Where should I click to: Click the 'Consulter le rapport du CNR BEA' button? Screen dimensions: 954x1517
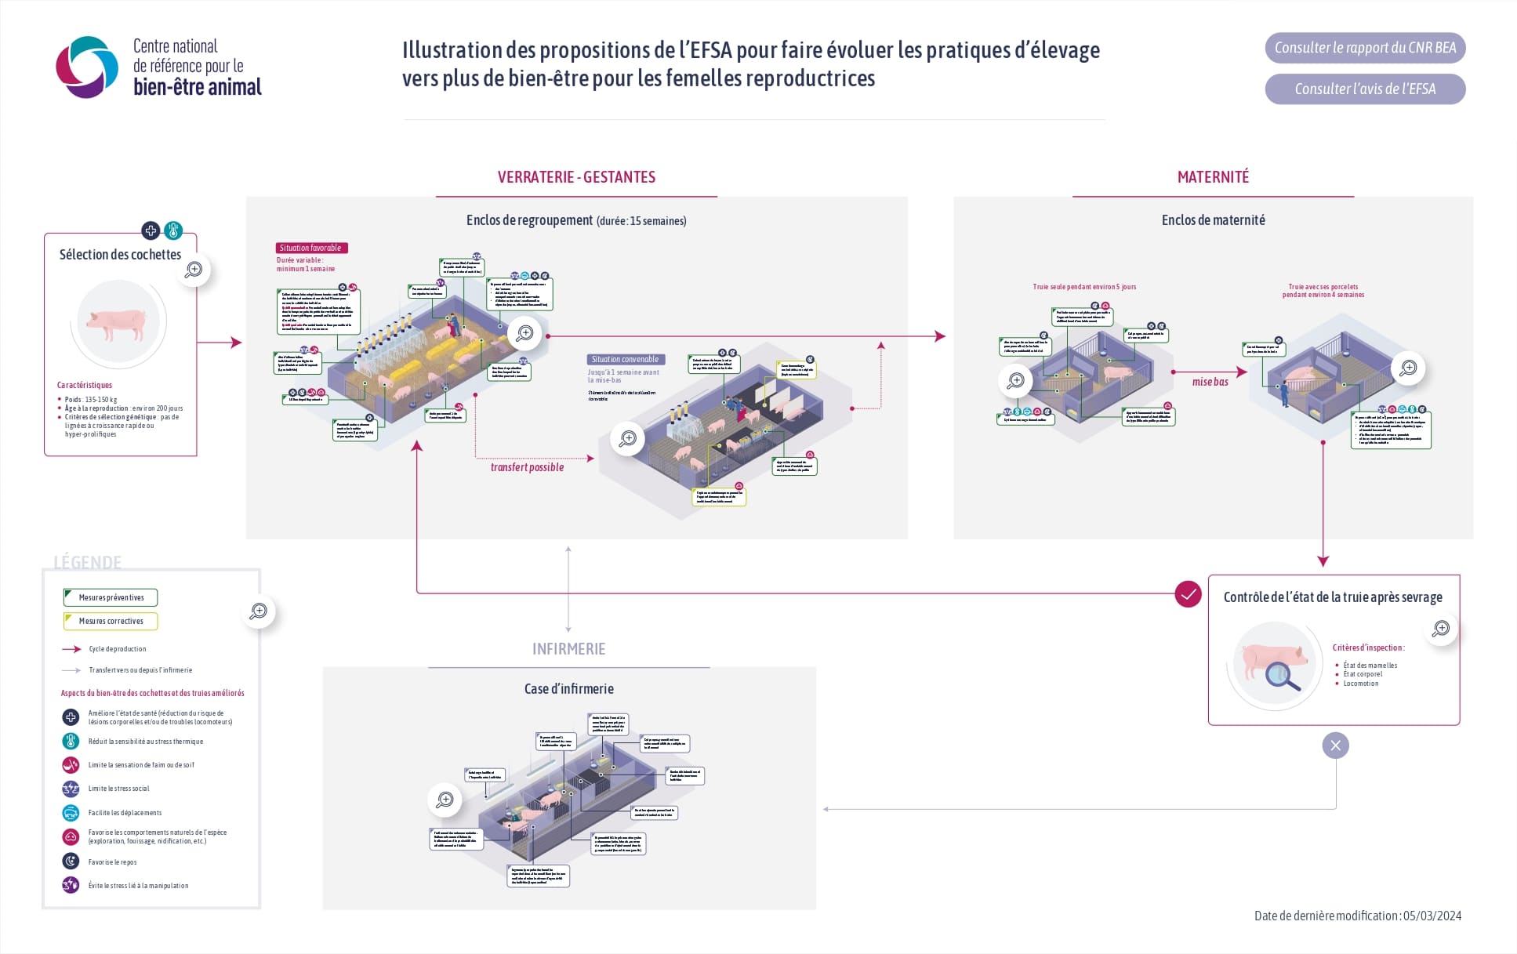pos(1364,48)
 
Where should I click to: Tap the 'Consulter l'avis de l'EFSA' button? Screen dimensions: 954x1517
pos(1364,89)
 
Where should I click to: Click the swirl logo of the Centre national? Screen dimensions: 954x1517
pos(86,67)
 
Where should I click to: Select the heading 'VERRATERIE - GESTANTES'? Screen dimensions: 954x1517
pos(576,177)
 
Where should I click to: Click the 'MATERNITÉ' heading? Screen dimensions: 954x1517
pos(1213,177)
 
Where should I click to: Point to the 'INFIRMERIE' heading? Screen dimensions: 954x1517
pos(568,649)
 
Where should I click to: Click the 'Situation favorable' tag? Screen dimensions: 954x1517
pos(311,248)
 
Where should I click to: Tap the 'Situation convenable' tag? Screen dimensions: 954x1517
pos(626,359)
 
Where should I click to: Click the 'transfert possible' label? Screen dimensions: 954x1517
pos(527,467)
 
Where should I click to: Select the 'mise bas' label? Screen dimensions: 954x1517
pos(1210,382)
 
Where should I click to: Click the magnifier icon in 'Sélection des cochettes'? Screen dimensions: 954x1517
pos(194,270)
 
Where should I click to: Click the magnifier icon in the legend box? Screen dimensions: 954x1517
pos(258,611)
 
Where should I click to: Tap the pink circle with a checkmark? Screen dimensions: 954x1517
pos(1188,594)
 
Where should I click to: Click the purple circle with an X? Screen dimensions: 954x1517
pos(1335,745)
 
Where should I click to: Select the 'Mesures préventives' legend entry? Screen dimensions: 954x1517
pos(111,597)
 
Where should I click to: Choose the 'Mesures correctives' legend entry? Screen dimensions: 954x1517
pos(111,621)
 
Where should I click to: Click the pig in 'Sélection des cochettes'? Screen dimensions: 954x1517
pos(118,323)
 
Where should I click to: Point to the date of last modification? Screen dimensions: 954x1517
pos(1357,916)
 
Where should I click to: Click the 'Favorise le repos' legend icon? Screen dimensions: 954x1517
pos(71,862)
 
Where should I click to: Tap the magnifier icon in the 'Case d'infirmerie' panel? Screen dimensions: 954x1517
pos(445,800)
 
